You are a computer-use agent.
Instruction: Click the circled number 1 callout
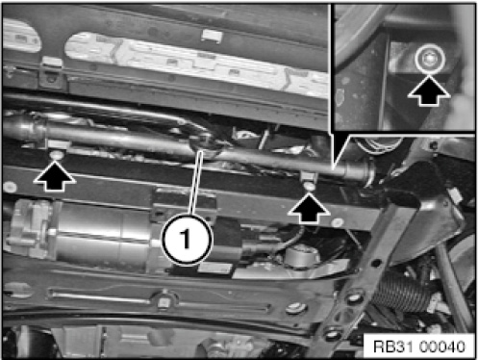tap(187, 239)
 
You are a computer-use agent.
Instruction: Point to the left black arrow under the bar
tap(55, 176)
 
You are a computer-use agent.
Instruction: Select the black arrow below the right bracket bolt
tap(309, 208)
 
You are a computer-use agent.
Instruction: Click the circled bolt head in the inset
tap(430, 59)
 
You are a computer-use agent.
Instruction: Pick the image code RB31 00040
tap(419, 347)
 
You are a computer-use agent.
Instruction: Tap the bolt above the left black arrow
tap(57, 155)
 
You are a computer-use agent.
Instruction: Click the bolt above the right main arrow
tap(309, 186)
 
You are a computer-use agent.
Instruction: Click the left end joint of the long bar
tap(26, 128)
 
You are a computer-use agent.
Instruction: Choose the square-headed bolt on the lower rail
tap(164, 301)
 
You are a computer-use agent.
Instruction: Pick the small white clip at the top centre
tap(212, 36)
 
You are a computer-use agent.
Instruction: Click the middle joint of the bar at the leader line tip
tap(205, 146)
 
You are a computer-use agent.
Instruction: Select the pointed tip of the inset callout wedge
tap(334, 167)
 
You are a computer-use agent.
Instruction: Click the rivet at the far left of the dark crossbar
tap(10, 187)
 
